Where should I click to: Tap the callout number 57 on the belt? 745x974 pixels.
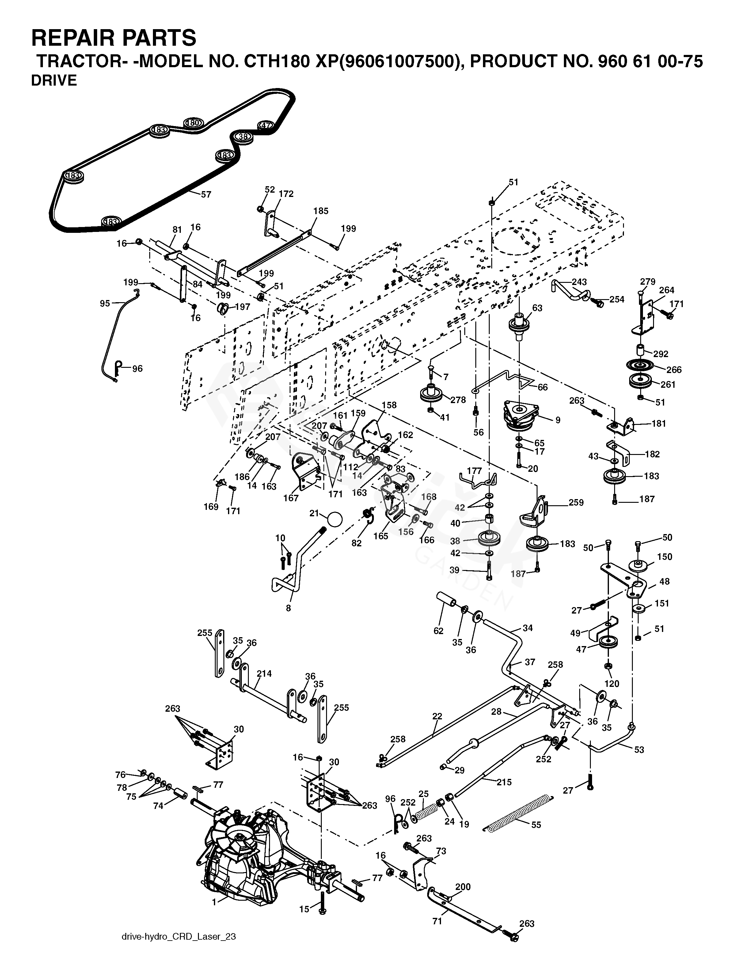pos(206,194)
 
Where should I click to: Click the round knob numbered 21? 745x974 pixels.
pos(335,518)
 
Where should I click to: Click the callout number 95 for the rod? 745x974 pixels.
pos(105,304)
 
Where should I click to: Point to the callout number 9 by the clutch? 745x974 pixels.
pos(558,420)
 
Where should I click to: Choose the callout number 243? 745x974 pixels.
pos(579,282)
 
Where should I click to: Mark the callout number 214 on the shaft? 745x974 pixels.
pos(264,673)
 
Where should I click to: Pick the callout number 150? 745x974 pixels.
pos(664,557)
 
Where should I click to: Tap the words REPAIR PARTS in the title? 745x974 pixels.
pos(113,38)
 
